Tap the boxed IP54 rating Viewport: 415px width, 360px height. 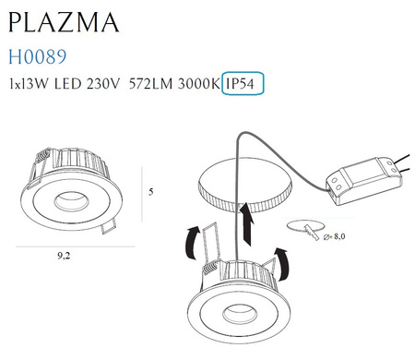(243, 84)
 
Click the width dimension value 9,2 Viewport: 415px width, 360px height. (69, 259)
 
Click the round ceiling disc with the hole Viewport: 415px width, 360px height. (242, 185)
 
